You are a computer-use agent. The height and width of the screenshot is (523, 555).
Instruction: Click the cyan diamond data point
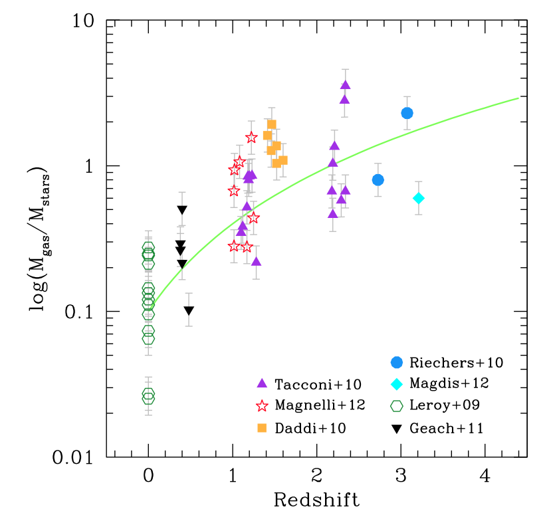coord(419,198)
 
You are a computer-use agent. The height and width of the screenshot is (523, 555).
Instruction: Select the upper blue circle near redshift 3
coord(407,113)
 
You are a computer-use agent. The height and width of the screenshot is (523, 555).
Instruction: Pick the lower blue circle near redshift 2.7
coord(378,180)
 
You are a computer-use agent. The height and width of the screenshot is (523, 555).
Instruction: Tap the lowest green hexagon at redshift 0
coord(148,397)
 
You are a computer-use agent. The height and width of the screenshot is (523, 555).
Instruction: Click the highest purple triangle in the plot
coord(345,85)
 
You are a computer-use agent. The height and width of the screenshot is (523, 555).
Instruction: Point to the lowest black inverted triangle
coord(189,310)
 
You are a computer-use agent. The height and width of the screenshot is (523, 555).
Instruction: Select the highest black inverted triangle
coord(182,210)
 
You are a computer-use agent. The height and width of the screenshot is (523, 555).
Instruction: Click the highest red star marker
coord(251,138)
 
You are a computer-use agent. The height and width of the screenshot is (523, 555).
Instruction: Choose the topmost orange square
coord(272,124)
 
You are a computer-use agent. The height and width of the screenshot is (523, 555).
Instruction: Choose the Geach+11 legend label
coord(448,429)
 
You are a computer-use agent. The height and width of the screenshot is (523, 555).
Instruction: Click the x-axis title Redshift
coord(317,500)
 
